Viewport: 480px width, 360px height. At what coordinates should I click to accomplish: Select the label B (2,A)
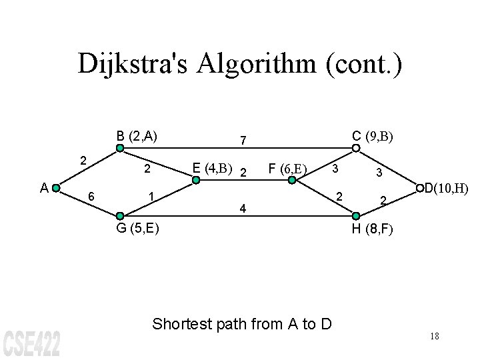(x=137, y=136)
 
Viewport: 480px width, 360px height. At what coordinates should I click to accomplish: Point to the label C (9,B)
(x=373, y=136)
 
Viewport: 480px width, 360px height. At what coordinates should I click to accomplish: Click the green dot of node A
(x=56, y=188)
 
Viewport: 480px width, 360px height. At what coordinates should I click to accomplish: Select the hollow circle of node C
(x=356, y=149)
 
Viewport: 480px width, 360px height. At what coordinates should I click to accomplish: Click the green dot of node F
(x=292, y=179)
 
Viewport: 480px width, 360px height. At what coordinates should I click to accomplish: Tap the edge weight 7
(x=244, y=141)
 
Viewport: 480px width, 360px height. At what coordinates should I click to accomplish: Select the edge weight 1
(x=152, y=197)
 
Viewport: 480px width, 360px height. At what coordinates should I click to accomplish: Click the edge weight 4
(x=243, y=209)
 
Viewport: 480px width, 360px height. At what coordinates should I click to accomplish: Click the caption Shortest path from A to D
(x=242, y=325)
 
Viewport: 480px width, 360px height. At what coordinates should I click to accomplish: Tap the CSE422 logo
(x=31, y=341)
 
